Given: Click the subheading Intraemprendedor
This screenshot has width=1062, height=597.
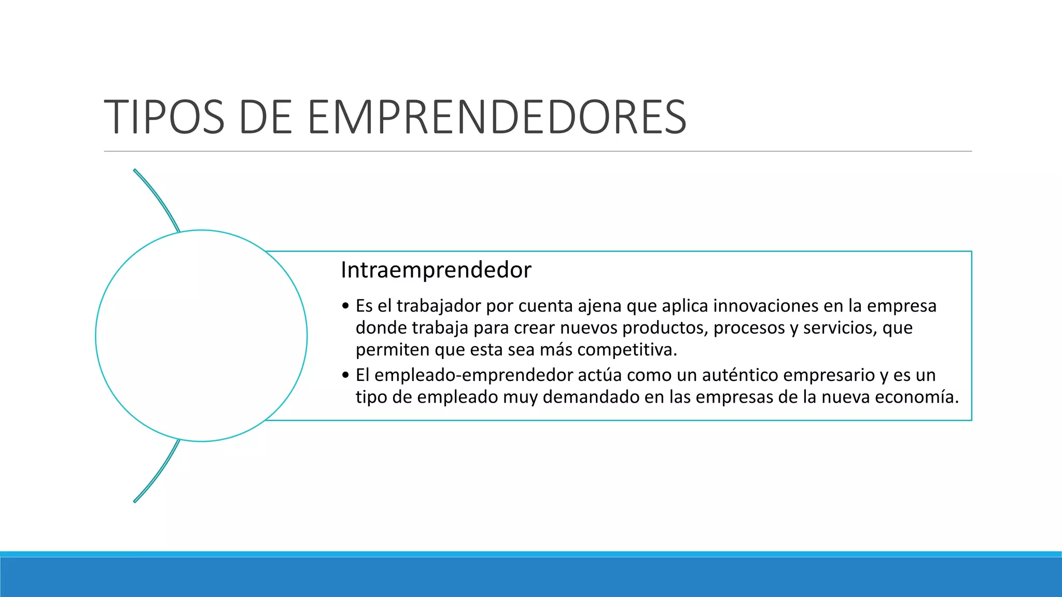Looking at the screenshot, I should tap(436, 270).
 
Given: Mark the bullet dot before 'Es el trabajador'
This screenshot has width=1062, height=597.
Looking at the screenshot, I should tap(346, 306).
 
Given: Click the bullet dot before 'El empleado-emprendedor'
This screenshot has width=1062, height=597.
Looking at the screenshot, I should tap(346, 375).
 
